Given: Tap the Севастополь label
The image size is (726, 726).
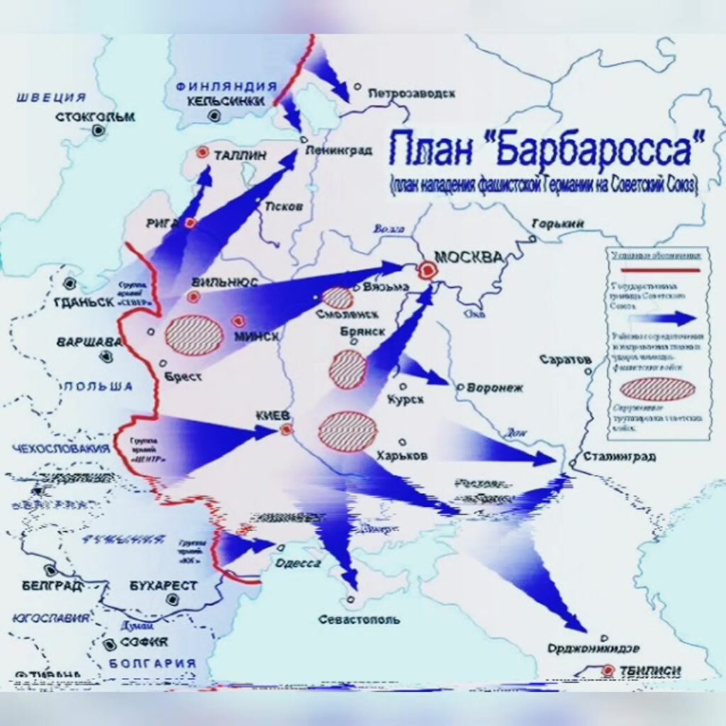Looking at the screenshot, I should click(358, 619).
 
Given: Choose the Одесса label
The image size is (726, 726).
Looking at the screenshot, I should click(298, 563).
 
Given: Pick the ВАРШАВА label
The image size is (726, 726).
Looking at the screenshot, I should click(88, 342).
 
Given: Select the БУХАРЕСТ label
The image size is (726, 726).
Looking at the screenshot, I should click(164, 586).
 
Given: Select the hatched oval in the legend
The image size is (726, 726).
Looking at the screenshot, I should click(657, 389).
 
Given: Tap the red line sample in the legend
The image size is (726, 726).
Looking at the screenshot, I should click(656, 270).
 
